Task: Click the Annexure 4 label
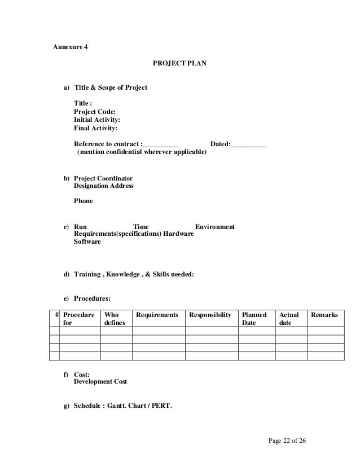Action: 71,47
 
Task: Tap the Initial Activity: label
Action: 97,120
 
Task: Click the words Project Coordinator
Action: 103,178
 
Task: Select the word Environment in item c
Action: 215,227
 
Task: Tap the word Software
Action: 87,242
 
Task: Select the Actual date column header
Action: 289,318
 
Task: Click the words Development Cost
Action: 100,382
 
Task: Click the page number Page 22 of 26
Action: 288,440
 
